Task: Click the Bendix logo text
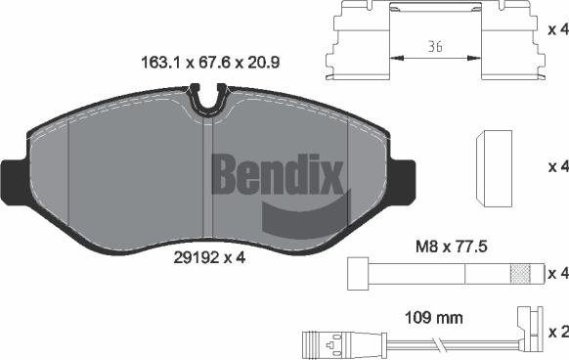click(279, 176)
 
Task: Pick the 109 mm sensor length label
click(433, 318)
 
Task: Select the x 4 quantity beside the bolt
click(557, 272)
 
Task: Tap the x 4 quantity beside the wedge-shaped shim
click(557, 163)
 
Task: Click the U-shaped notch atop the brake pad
click(206, 98)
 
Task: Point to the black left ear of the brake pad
click(13, 176)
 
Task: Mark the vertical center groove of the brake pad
click(203, 181)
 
